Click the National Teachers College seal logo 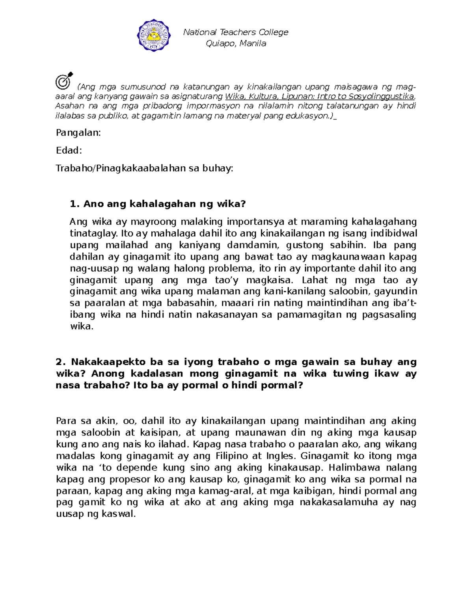[154, 35]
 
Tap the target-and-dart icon [64, 80]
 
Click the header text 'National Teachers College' [236, 32]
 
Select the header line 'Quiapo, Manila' [236, 43]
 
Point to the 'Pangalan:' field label [78, 133]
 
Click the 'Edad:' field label [69, 151]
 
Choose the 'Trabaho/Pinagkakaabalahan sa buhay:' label [144, 169]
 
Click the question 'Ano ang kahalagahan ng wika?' [158, 204]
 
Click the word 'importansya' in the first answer [255, 222]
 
